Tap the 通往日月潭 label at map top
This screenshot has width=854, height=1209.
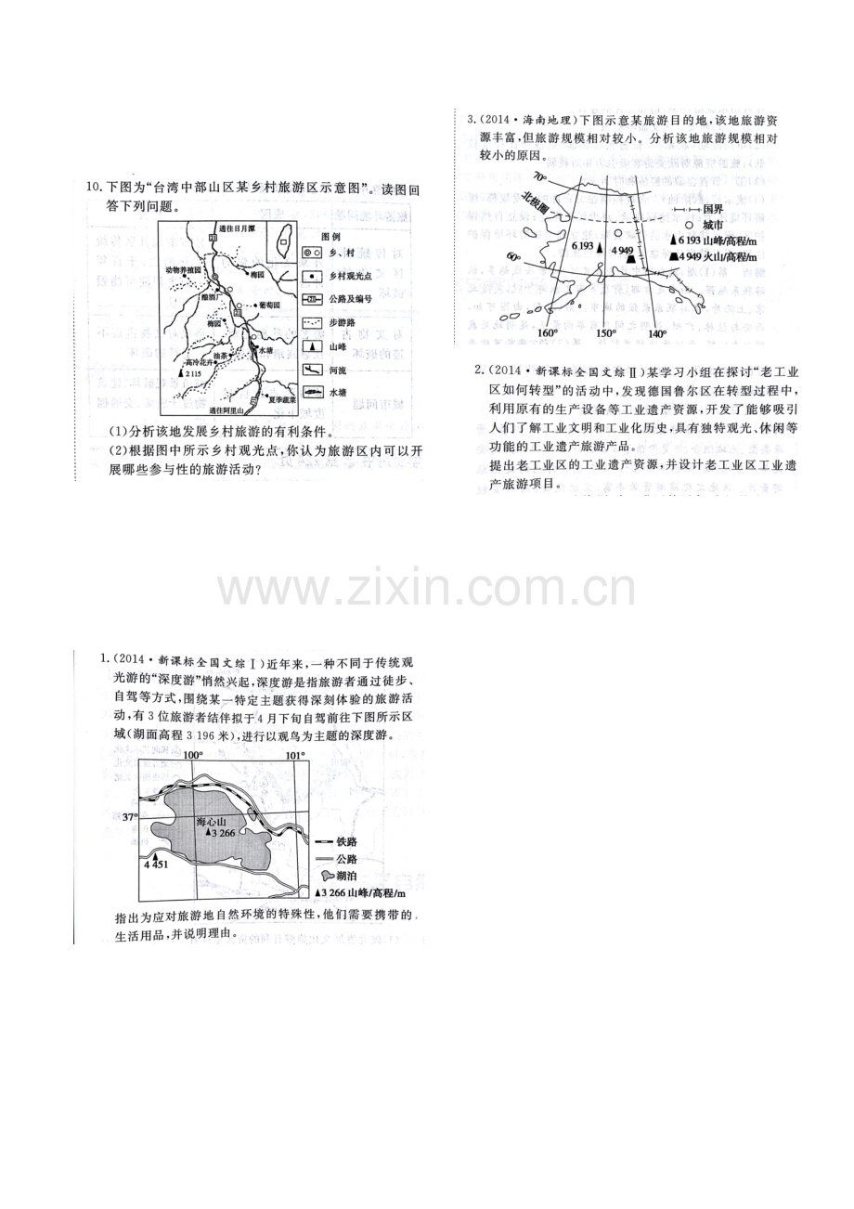237,227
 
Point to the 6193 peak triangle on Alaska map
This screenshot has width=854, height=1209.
600,247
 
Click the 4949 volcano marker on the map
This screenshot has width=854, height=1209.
632,257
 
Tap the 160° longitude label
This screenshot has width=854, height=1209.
549,332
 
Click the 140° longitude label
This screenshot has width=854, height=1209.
657,332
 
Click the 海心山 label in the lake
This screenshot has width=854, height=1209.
211,822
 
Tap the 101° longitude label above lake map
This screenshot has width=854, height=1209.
294,755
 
